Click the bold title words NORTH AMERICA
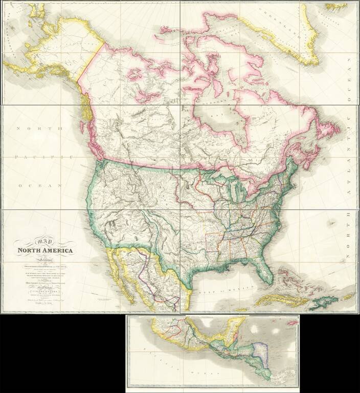tap(45, 251)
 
